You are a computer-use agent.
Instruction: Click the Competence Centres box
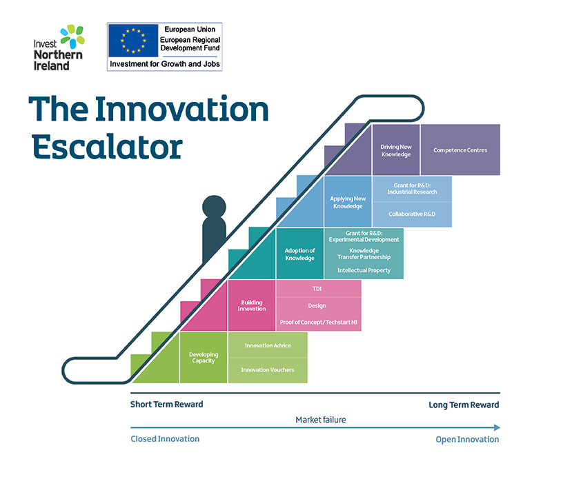pos(460,150)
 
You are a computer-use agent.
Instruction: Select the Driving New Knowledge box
pos(395,150)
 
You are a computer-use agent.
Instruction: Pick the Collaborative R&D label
pos(412,214)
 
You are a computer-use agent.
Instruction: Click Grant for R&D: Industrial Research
pos(412,188)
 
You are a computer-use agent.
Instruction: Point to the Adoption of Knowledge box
pos(299,254)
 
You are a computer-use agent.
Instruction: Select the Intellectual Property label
pos(364,270)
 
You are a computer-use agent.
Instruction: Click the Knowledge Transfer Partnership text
pos(364,254)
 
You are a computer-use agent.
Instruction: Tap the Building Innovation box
pos(252,305)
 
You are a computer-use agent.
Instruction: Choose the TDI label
pos(317,289)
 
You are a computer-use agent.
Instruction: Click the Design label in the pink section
pos(317,305)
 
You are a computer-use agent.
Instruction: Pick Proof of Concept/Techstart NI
pos(317,323)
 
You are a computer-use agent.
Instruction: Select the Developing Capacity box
pos(203,357)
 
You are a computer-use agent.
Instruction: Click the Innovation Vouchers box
pos(267,370)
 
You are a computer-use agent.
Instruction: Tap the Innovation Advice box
pos(267,345)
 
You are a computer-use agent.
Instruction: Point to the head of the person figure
pos(213,208)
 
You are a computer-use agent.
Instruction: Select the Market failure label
pos(321,420)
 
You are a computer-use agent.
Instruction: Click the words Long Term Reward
pos(464,405)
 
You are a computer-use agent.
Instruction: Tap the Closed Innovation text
pos(165,439)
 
